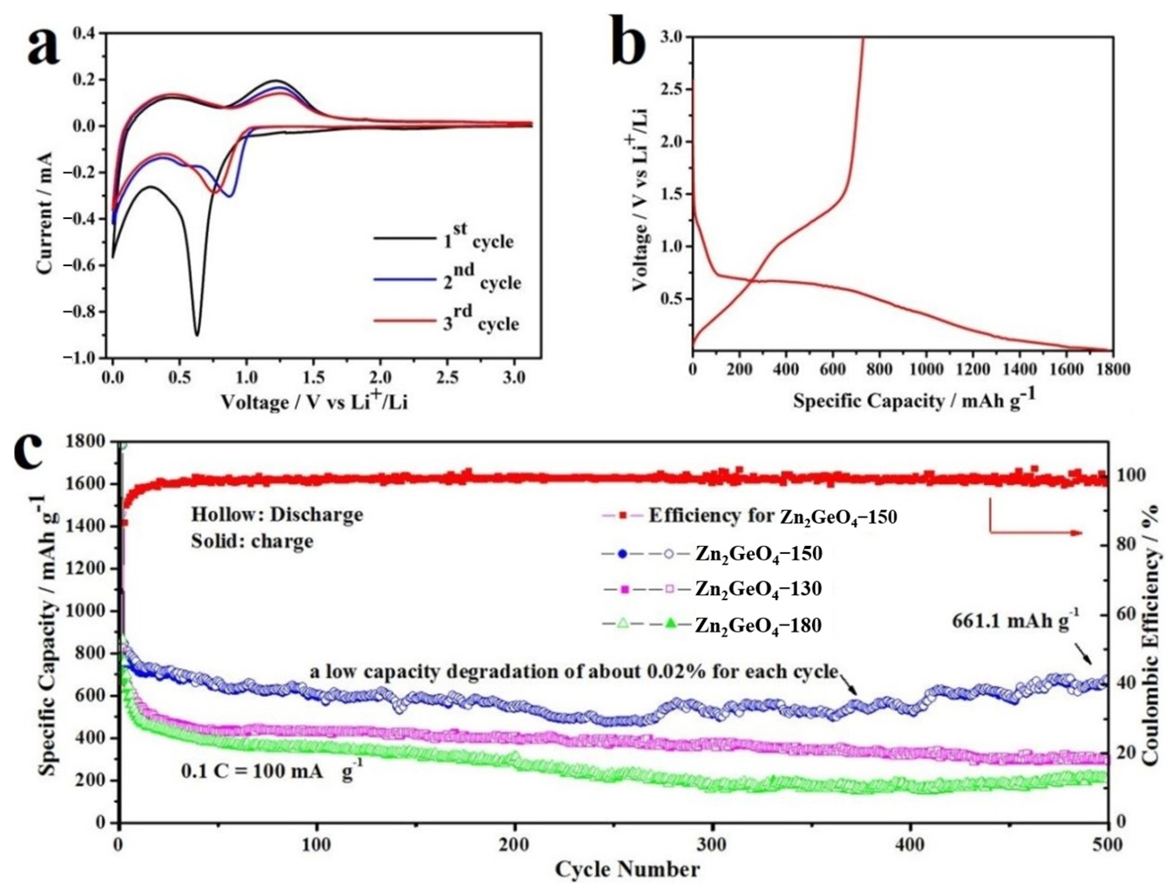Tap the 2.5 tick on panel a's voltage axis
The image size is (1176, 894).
(447, 378)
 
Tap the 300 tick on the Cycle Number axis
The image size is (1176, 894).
(712, 845)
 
